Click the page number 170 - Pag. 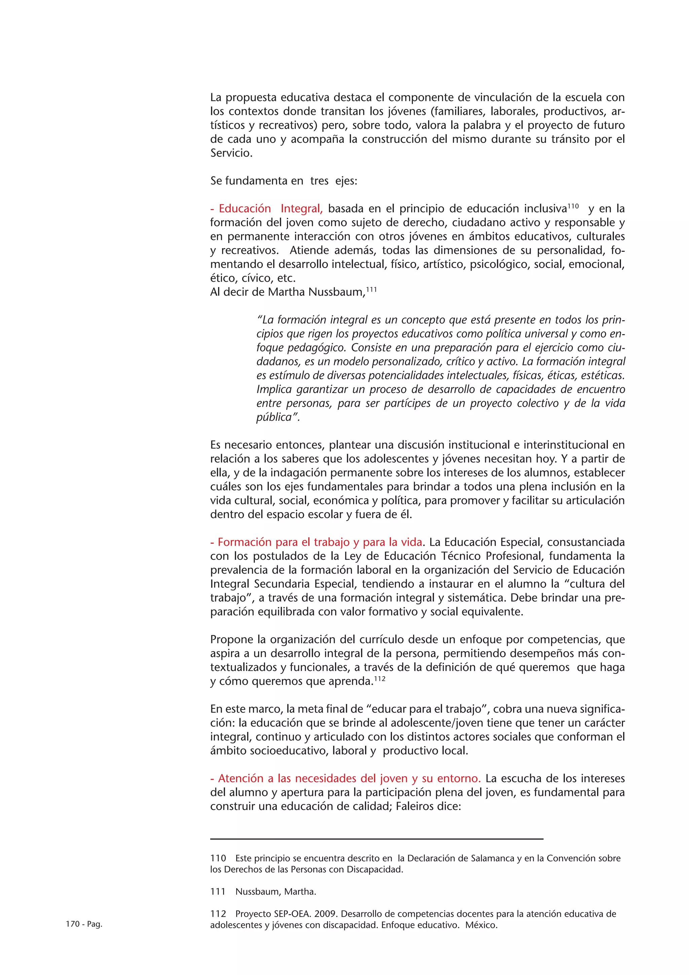click(84, 924)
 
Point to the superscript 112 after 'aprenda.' click(380, 679)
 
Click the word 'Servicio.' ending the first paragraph click(231, 153)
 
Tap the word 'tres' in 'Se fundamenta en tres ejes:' click(320, 181)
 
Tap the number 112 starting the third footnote click(218, 914)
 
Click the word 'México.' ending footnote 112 click(481, 925)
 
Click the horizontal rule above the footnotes click(377, 839)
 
